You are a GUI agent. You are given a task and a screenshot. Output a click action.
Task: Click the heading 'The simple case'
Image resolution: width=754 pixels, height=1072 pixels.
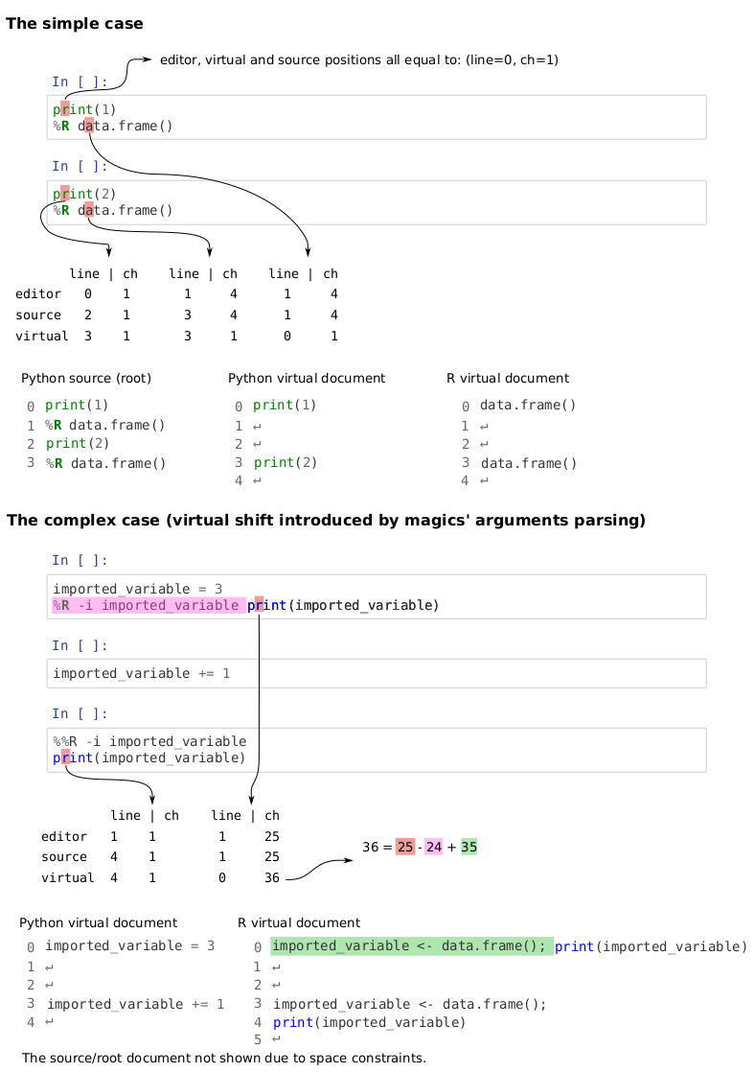(75, 23)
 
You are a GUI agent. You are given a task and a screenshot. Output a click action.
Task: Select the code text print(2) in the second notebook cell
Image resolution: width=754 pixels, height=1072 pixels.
(84, 194)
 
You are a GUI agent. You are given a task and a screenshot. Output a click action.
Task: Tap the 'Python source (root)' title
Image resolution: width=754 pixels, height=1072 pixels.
(86, 378)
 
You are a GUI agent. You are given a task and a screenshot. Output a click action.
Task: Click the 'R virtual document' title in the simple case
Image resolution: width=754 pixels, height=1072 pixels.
(508, 378)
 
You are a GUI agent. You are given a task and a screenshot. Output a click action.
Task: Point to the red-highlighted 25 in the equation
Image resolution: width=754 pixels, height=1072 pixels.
(405, 847)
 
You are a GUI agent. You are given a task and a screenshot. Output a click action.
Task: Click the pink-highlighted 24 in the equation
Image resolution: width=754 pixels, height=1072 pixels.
(434, 847)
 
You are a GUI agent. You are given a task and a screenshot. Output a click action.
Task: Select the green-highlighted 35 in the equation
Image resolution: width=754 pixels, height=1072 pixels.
(469, 847)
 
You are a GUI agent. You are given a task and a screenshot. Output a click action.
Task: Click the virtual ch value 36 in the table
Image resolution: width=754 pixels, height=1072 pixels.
(272, 878)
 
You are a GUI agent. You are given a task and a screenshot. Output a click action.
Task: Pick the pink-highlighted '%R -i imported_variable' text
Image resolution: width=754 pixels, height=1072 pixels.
(149, 605)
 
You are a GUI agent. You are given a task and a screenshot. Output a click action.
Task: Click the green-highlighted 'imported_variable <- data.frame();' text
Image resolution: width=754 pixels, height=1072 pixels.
(412, 946)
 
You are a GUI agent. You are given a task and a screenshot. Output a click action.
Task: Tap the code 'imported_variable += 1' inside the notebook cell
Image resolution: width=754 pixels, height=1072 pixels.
(142, 673)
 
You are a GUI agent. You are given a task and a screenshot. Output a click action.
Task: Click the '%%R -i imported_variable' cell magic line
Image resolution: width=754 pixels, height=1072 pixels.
(149, 742)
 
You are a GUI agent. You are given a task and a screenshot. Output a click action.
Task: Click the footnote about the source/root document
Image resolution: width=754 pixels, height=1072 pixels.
(224, 1058)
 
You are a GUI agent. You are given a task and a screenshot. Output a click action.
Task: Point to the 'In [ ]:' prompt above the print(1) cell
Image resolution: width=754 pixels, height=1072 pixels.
(80, 82)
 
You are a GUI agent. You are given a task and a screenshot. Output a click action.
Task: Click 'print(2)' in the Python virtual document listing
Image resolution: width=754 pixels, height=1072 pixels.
(286, 463)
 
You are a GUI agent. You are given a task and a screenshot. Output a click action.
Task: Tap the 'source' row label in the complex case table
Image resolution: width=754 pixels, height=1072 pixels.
(64, 856)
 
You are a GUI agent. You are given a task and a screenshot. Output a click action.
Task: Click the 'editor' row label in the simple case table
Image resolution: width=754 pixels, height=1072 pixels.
(38, 294)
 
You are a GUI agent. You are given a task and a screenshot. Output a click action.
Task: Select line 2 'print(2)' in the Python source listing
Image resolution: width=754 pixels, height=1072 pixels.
(78, 444)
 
